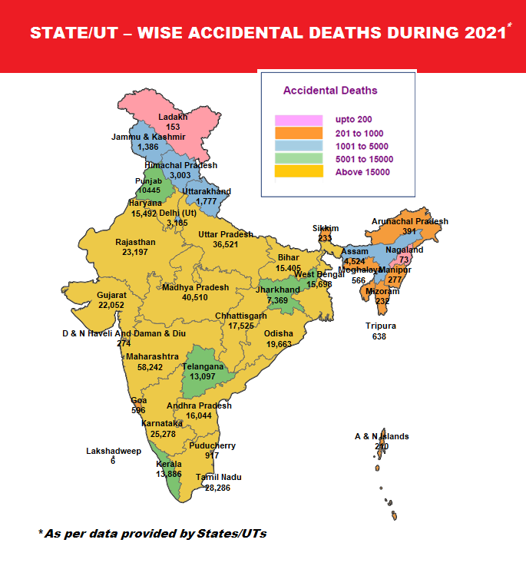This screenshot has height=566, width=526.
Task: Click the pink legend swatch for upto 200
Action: tap(298, 120)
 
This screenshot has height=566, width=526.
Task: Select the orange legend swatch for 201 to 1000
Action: tap(298, 133)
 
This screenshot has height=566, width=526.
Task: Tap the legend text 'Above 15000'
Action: tap(362, 172)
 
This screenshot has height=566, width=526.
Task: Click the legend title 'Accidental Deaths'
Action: tap(330, 91)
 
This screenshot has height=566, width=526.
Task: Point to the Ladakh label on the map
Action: tap(173, 117)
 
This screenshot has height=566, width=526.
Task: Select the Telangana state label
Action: tap(203, 367)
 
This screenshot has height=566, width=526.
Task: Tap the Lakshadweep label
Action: tap(113, 451)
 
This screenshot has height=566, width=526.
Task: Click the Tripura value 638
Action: tap(379, 336)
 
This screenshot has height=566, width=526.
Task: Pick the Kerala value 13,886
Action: tap(169, 475)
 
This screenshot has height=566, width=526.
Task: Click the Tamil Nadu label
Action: tap(218, 477)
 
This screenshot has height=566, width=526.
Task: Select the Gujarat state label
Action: tap(111, 295)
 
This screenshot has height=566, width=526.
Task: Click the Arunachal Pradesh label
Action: tap(409, 221)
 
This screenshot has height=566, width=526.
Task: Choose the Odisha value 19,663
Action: tap(278, 345)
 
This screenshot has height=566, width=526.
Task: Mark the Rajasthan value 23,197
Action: tap(134, 252)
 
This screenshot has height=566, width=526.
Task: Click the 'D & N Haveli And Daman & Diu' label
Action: tap(124, 333)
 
